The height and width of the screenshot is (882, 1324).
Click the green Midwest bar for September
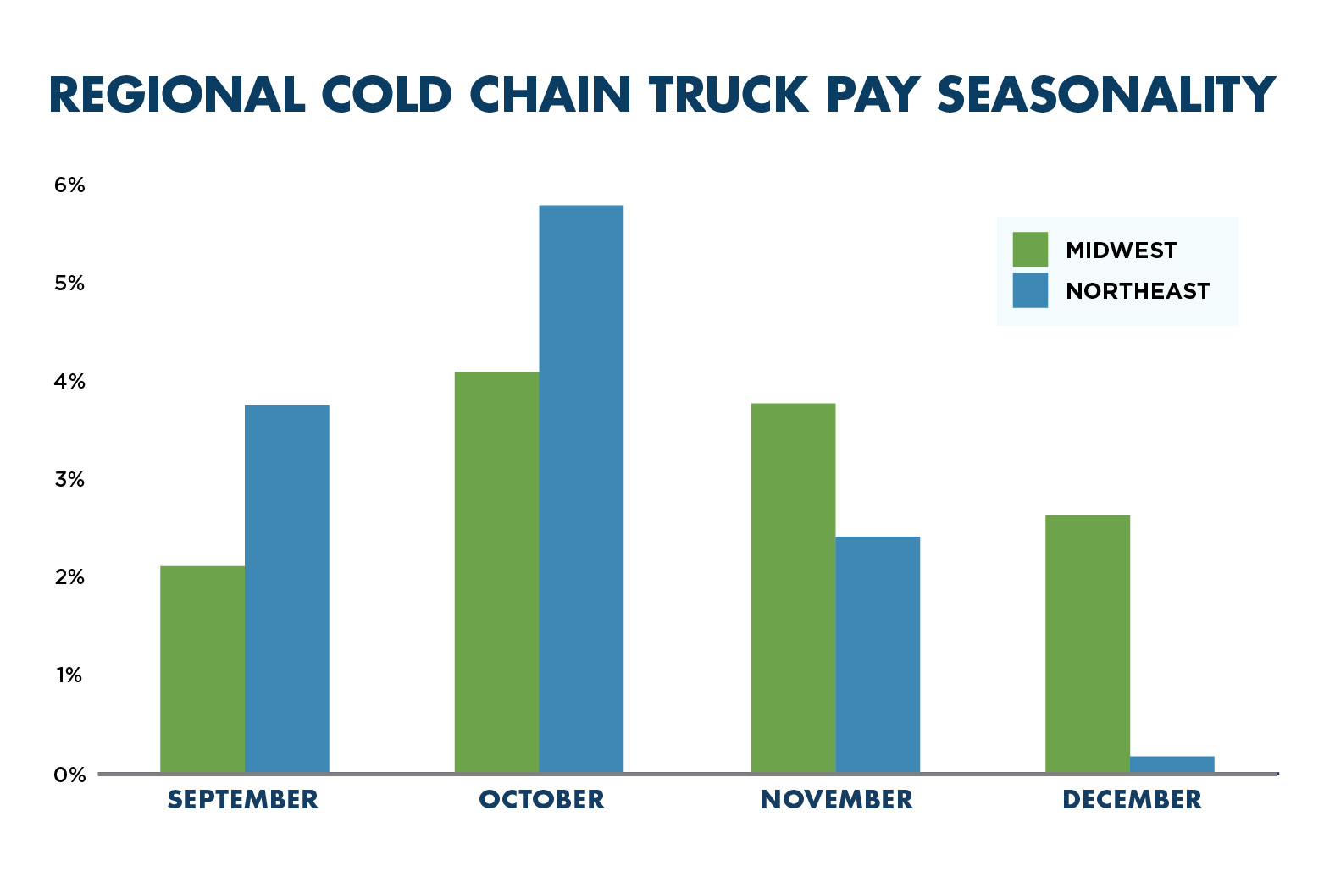tap(202, 669)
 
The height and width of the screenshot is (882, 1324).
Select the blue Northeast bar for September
tap(287, 588)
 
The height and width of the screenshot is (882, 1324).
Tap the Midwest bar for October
tap(496, 571)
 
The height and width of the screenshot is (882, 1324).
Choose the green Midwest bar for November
tap(793, 587)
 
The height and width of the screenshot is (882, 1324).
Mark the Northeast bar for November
tap(878, 653)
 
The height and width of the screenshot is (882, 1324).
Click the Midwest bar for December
tap(1088, 643)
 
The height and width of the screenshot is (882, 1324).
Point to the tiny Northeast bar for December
tap(1172, 763)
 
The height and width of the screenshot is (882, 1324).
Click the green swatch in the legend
tap(1030, 250)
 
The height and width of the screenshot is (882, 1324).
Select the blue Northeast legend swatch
tap(1030, 290)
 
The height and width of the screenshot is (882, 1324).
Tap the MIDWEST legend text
tap(1121, 251)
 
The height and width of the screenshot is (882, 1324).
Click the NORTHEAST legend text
tap(1138, 291)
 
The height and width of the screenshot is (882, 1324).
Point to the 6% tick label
tap(69, 185)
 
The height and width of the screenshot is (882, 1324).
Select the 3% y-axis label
tap(69, 480)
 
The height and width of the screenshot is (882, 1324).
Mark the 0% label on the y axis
tap(69, 775)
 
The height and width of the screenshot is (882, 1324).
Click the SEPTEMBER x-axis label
tap(243, 800)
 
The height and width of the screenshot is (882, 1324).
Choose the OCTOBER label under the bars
tap(542, 800)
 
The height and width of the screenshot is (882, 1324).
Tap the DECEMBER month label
tap(1132, 800)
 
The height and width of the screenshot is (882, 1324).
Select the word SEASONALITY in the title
tap(1106, 95)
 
